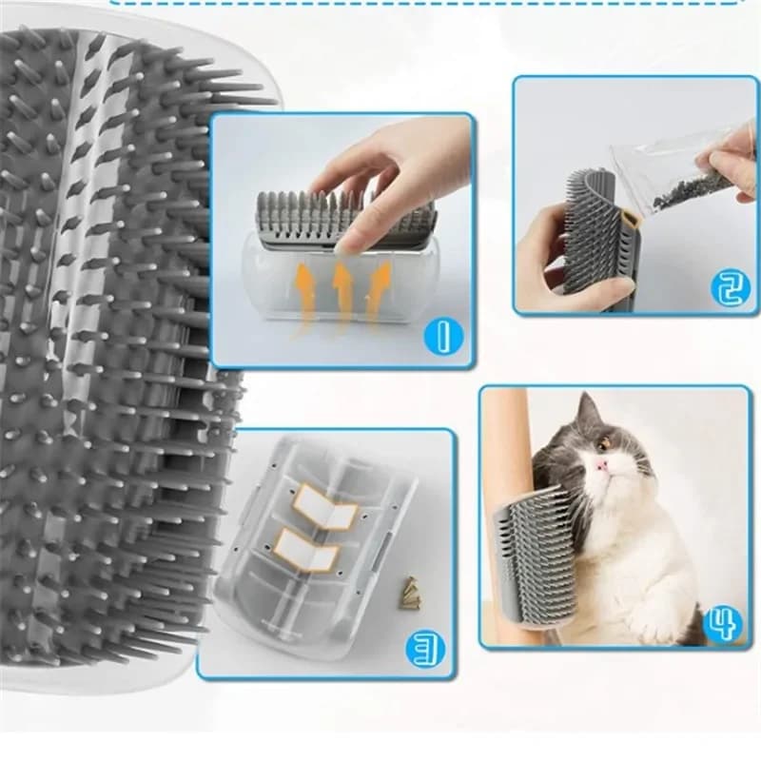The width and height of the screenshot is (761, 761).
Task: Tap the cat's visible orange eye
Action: pos(603,442)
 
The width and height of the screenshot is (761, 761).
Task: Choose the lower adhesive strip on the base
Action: pos(306,551)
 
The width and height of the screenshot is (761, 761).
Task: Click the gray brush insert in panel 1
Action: pos(342,214)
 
